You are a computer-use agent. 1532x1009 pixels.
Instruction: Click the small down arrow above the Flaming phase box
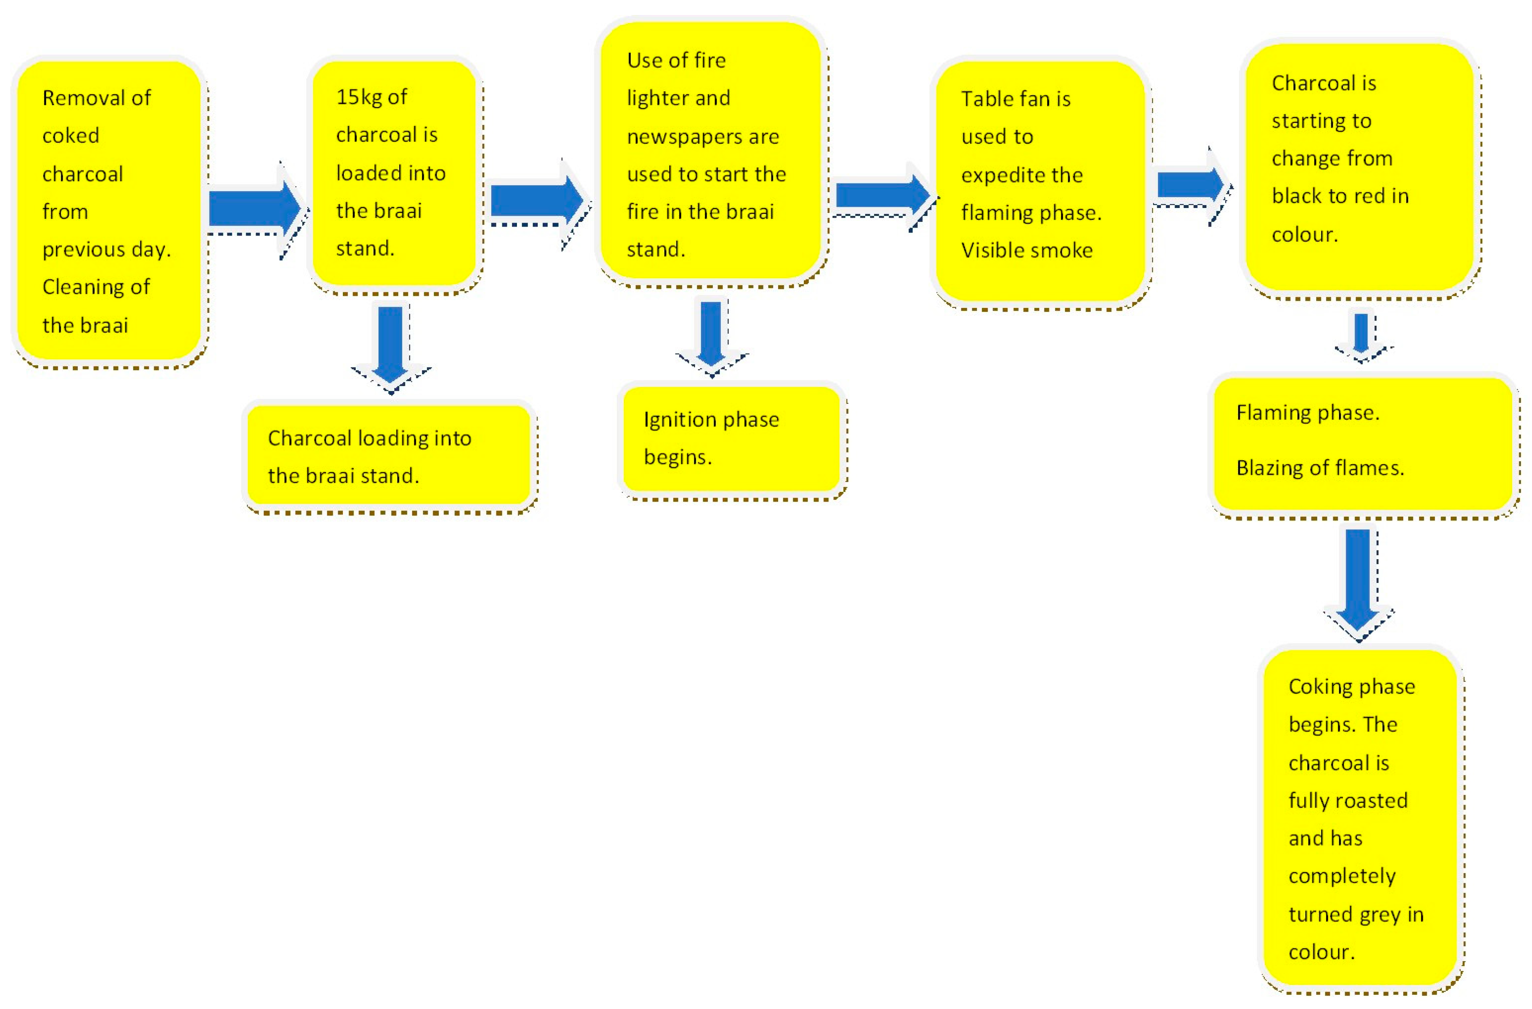coord(1361,335)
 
